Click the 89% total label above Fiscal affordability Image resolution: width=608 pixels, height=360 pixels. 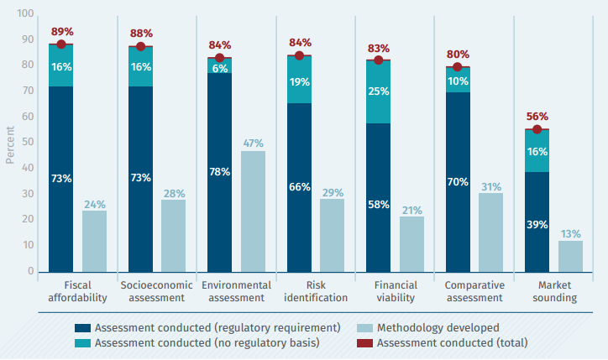61,32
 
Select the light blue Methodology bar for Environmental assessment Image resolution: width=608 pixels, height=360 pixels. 253,211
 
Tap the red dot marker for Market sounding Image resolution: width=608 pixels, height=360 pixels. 537,129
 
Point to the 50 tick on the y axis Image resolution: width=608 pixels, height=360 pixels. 29,143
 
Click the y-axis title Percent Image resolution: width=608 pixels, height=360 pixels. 10,143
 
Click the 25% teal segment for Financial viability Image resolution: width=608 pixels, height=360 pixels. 378,91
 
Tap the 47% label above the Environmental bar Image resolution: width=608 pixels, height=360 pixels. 253,143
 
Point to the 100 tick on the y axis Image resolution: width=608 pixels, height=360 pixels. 25,14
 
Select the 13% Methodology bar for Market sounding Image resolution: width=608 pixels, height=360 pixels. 570,256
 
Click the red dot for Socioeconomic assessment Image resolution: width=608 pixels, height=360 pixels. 140,47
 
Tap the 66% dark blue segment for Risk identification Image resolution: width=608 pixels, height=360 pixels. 299,186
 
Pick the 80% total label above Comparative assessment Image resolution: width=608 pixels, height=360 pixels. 458,54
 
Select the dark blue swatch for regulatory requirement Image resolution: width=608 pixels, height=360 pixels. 81,326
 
